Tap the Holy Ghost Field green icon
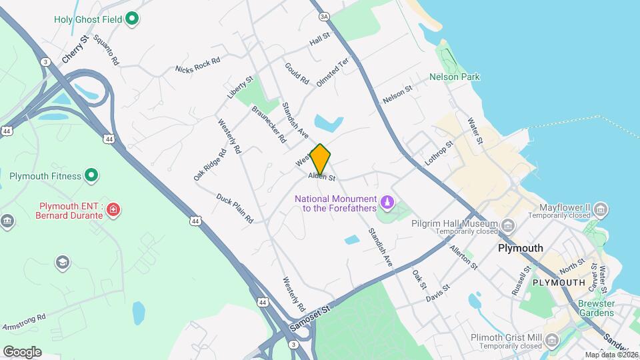click(132, 19)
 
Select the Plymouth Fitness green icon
click(92, 176)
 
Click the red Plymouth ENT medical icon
click(114, 210)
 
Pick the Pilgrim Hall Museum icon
click(508, 223)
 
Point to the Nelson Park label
click(455, 77)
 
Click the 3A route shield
click(325, 16)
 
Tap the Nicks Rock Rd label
click(197, 65)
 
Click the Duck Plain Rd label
click(235, 208)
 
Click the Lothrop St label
click(439, 153)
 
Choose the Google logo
click(22, 351)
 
